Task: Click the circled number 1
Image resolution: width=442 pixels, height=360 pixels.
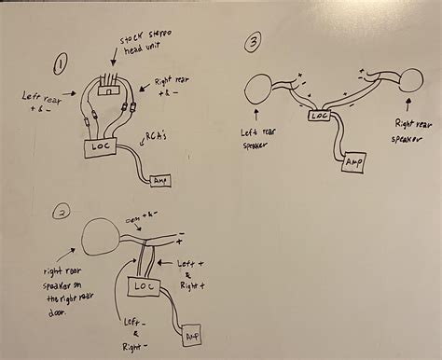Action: pyautogui.click(x=61, y=64)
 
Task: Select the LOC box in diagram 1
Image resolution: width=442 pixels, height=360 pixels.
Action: pyautogui.click(x=99, y=145)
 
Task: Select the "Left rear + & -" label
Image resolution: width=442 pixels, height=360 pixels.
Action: pyautogui.click(x=41, y=100)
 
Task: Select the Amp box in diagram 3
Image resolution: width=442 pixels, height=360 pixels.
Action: pyautogui.click(x=353, y=163)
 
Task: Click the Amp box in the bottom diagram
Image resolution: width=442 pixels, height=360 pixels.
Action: pyautogui.click(x=192, y=334)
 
